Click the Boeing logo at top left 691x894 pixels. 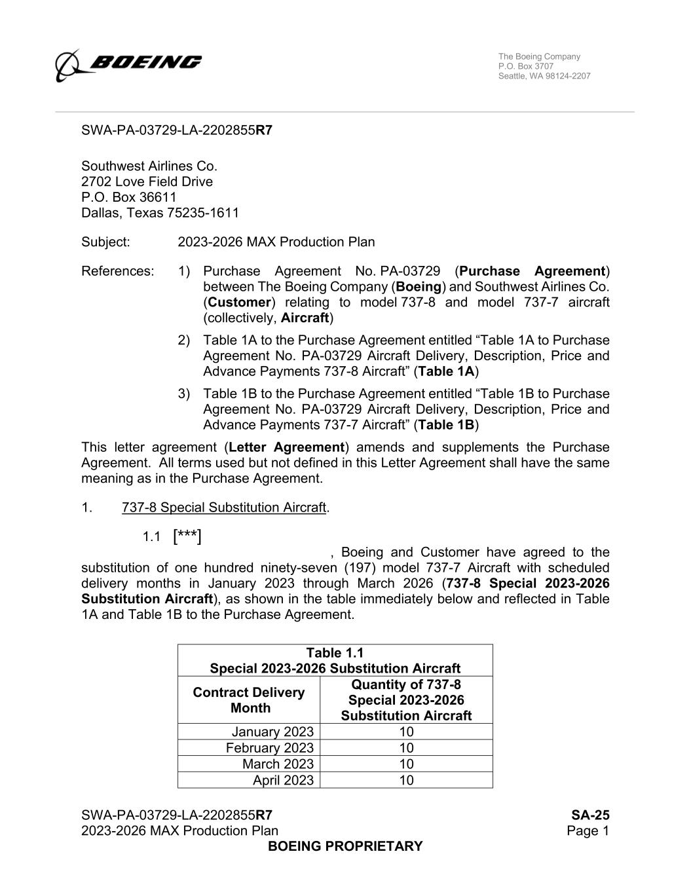[x=128, y=64]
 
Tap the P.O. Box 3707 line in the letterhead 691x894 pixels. [x=525, y=66]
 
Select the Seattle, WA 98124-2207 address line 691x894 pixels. [x=544, y=76]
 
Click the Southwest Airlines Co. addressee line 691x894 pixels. [x=149, y=166]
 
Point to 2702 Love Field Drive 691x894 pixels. [x=147, y=181]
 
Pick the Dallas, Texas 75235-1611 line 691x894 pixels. [x=160, y=213]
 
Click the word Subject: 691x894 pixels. [x=105, y=242]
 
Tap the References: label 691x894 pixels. [x=117, y=271]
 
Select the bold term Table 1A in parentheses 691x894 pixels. [x=446, y=371]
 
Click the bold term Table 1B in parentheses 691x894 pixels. [x=446, y=425]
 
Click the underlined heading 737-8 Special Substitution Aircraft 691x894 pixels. [x=223, y=508]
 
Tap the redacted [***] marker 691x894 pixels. [x=187, y=537]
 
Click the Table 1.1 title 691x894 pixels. [x=335, y=653]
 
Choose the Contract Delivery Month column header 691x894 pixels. [x=249, y=700]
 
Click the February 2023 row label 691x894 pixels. [x=269, y=748]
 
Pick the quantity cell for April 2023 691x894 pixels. [x=406, y=780]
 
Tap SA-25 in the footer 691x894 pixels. [x=590, y=815]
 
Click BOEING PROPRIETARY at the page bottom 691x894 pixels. [x=345, y=846]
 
